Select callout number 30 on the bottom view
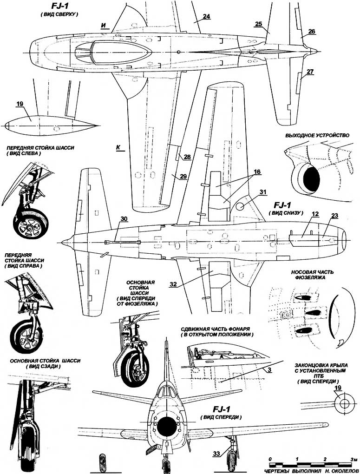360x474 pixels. (124, 219)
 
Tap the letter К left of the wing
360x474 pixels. (118, 148)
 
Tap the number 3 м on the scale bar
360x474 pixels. (353, 459)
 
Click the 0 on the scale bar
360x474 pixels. (270, 459)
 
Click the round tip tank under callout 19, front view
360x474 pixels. (343, 404)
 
